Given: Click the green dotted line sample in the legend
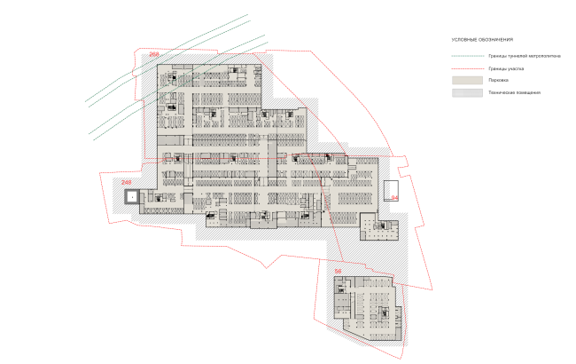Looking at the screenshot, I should (x=466, y=56).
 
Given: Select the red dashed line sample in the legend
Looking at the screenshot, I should (x=466, y=67).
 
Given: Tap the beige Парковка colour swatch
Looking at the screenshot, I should (x=466, y=79).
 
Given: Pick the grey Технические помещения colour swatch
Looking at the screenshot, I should (x=466, y=91).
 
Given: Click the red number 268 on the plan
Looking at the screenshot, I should (x=154, y=56).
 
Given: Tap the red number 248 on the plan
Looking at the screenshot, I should (x=126, y=184).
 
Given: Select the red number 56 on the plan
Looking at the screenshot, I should (x=338, y=271).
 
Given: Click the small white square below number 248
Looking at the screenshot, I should (x=130, y=197).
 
